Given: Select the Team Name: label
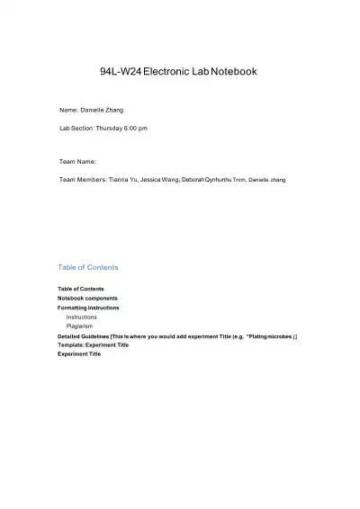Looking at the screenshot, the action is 77,161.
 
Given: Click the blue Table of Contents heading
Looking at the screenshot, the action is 87,267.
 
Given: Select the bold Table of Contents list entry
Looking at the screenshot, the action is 81,289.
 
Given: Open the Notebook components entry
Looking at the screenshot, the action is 87,298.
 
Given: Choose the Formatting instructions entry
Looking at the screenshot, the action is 88,308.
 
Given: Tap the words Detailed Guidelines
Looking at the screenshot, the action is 83,336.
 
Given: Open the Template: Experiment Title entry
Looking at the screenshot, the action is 93,344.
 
